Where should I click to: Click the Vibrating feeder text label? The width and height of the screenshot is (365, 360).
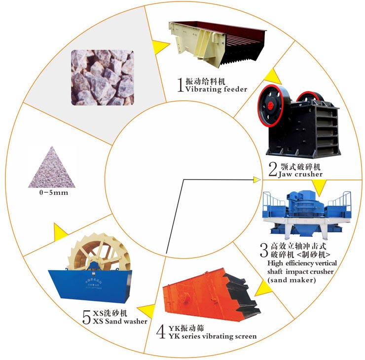pos(216,89)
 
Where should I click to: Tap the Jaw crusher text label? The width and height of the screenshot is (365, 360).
pos(301,174)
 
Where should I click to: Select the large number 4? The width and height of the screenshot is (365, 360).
pos(160,332)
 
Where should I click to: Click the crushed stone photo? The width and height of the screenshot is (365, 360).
pos(102,77)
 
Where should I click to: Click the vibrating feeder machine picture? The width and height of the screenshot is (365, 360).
pos(216,44)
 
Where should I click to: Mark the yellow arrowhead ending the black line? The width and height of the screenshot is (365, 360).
pos(256,180)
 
